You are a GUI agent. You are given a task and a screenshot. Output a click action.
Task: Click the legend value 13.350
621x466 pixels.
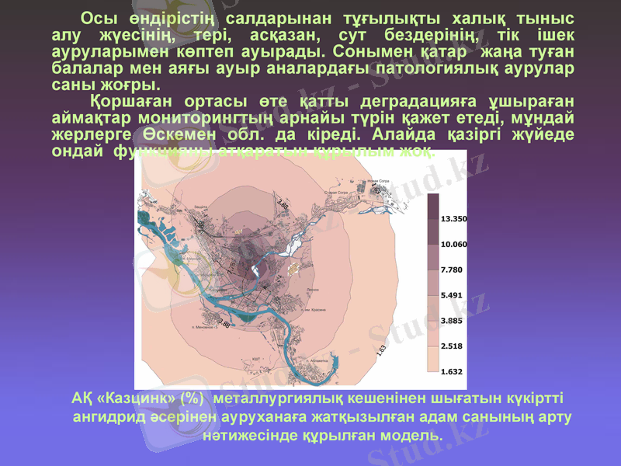coord(453,219)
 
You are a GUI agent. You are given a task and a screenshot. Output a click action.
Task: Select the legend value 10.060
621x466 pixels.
coord(453,244)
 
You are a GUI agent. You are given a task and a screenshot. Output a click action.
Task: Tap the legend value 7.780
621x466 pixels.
coord(452,270)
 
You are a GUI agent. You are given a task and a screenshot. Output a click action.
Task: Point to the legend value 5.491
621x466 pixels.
coord(452,295)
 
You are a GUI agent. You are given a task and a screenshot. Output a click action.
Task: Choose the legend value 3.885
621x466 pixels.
coord(452,320)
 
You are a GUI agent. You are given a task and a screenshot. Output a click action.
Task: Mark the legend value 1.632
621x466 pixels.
coord(452,371)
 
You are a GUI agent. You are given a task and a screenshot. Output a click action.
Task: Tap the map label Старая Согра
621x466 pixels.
coord(335,192)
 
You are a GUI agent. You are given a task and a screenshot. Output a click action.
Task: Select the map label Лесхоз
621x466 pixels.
coord(313,291)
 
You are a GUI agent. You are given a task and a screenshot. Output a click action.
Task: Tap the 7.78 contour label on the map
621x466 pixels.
coord(231,267)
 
